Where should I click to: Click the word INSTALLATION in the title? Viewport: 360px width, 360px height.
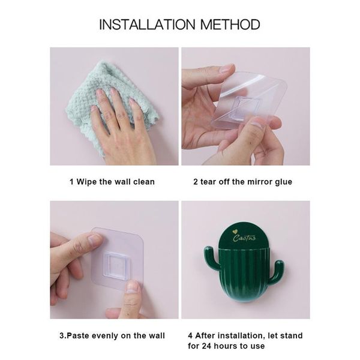(144, 25)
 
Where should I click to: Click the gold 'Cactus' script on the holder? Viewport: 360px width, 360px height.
(246, 239)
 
